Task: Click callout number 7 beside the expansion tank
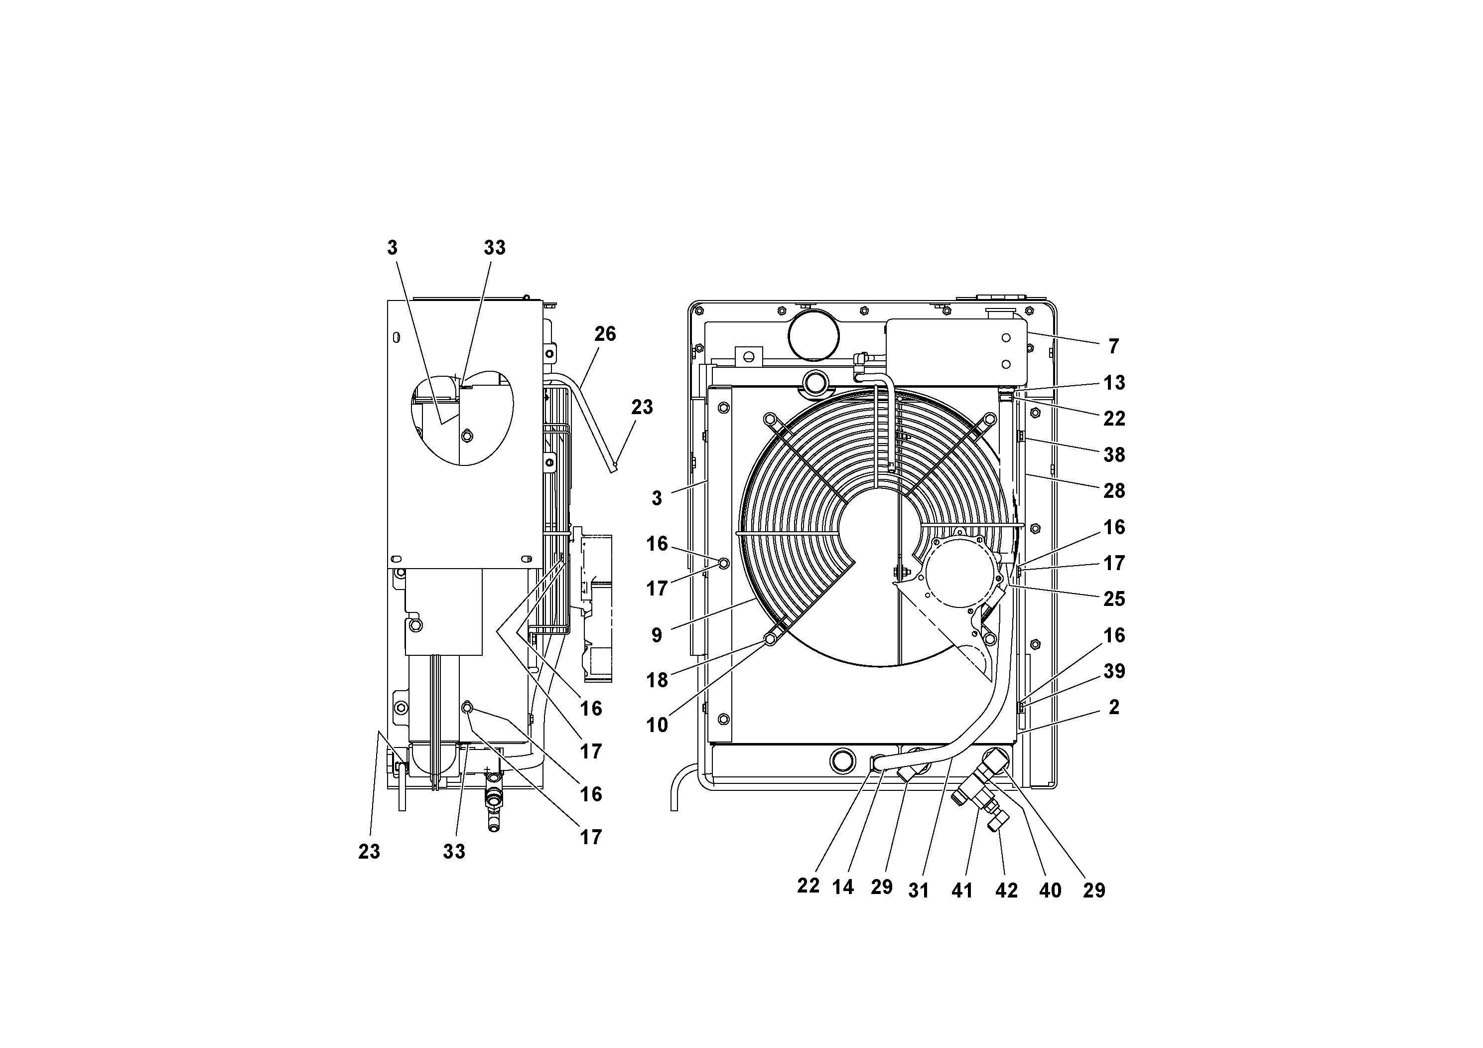tap(1113, 347)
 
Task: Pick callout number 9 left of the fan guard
tap(657, 635)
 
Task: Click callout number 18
tap(657, 680)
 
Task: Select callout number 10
tap(657, 726)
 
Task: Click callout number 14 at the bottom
tap(843, 888)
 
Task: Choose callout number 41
tap(962, 891)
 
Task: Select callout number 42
tap(1006, 891)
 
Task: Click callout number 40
tap(1050, 891)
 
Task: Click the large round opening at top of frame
tap(813, 336)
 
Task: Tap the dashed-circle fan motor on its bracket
tap(963, 577)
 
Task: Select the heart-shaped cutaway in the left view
tap(462, 418)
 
